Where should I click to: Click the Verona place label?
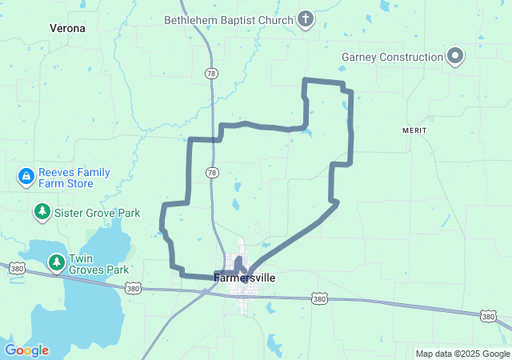(67, 26)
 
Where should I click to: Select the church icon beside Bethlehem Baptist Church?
(305, 18)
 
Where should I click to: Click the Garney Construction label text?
(392, 57)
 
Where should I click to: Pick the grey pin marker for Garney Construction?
(455, 57)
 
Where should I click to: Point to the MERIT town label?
(415, 130)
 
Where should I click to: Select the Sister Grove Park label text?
(97, 213)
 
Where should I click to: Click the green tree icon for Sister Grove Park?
(42, 212)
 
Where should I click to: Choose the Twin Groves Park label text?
(99, 265)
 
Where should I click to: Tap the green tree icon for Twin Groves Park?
(56, 261)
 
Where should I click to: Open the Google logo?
(26, 350)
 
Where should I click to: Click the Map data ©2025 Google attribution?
(462, 354)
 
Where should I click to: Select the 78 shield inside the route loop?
(211, 173)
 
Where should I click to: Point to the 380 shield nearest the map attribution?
(488, 317)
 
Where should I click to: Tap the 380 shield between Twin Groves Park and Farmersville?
(134, 288)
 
